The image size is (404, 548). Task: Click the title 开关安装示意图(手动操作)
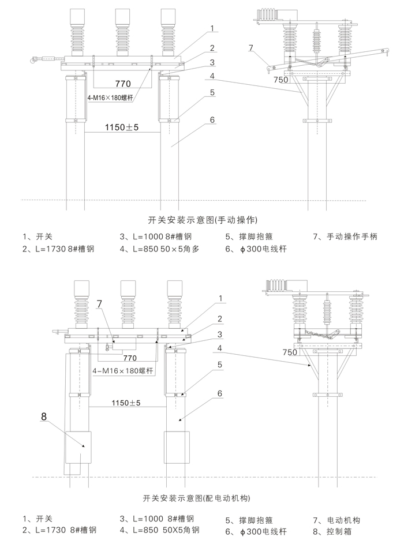point(201,220)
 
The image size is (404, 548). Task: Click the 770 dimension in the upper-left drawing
point(122,82)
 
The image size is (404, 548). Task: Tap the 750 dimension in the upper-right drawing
point(280,80)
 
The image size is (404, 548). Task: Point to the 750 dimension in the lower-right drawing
point(290,352)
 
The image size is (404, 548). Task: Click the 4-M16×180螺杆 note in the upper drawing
point(110,98)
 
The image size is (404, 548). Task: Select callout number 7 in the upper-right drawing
point(251,48)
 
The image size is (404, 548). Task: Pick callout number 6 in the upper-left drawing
point(212,120)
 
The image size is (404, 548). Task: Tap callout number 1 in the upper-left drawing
point(212,28)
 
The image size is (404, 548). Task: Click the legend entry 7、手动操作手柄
point(345,237)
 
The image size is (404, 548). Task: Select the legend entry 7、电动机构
point(335,519)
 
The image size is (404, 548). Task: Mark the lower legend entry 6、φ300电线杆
point(256,531)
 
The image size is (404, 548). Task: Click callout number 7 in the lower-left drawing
point(99,303)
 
